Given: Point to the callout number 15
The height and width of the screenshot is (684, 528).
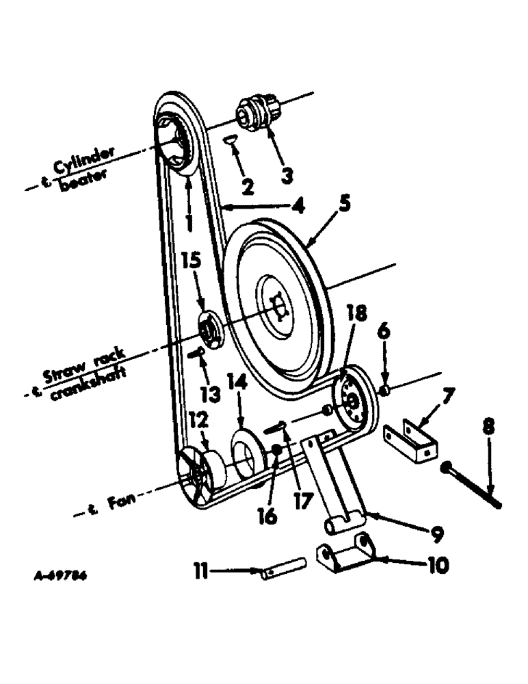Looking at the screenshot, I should point(193,261).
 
